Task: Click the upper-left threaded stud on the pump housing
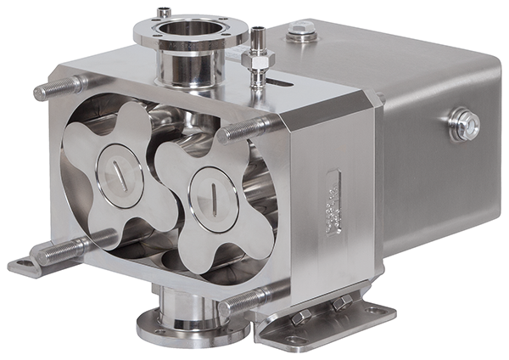pyautogui.click(x=59, y=88)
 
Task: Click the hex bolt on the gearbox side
pyautogui.click(x=464, y=125)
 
